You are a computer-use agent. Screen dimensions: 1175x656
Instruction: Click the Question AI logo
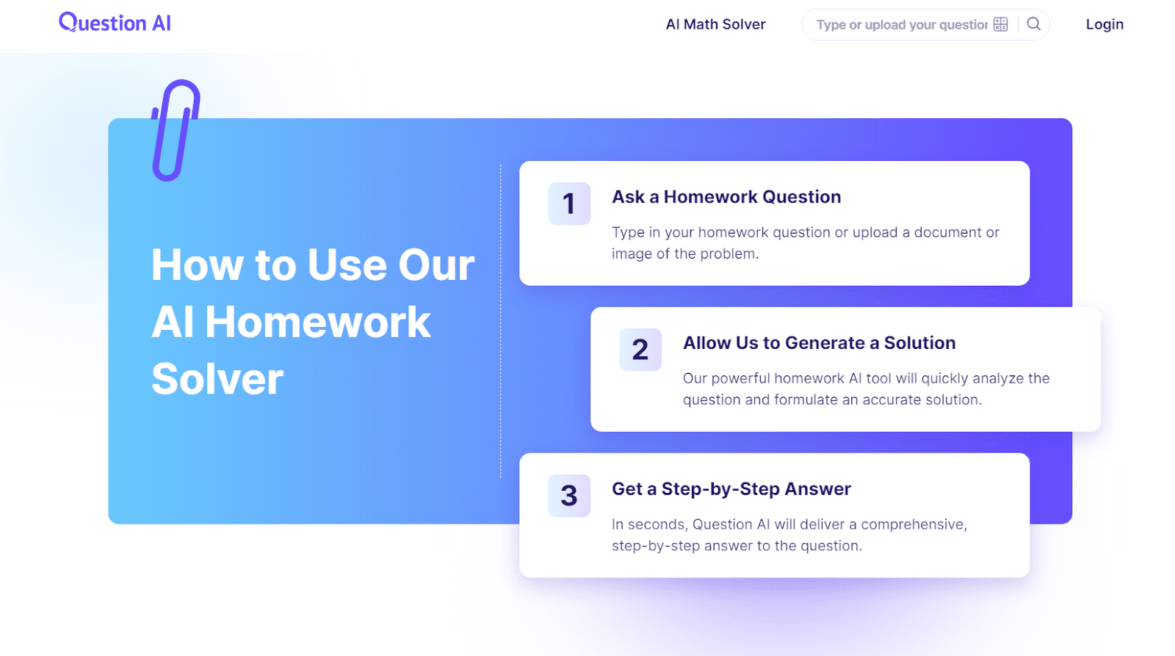115,23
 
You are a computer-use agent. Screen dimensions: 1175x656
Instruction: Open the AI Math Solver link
715,24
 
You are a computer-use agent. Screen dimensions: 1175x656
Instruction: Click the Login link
1104,24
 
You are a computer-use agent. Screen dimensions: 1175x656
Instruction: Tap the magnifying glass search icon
1033,24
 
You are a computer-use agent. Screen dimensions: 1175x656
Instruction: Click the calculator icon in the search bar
1000,24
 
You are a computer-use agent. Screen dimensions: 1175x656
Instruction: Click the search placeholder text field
902,25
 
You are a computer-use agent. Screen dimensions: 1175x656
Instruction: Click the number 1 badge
569,203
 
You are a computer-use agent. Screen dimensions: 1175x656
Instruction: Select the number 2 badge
640,350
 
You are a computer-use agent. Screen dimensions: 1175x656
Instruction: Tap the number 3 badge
569,495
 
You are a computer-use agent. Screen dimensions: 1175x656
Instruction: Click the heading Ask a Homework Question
726,197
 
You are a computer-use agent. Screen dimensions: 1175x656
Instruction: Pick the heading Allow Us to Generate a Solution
820,343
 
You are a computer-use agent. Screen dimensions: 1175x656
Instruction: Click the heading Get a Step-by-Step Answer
731,489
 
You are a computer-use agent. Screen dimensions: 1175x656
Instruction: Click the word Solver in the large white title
217,378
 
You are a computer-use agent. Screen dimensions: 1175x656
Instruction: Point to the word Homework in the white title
318,322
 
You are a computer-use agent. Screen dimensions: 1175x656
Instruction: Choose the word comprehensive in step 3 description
914,525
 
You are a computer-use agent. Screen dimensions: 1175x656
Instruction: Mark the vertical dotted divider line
500,321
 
